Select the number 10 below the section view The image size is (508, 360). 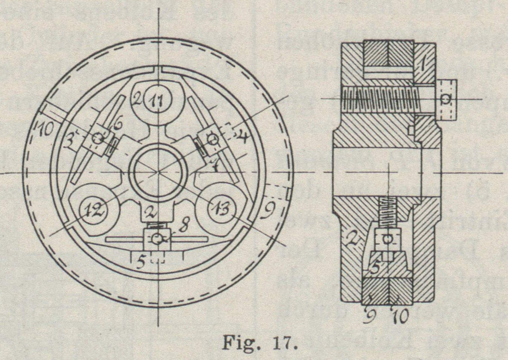pos(401,316)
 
